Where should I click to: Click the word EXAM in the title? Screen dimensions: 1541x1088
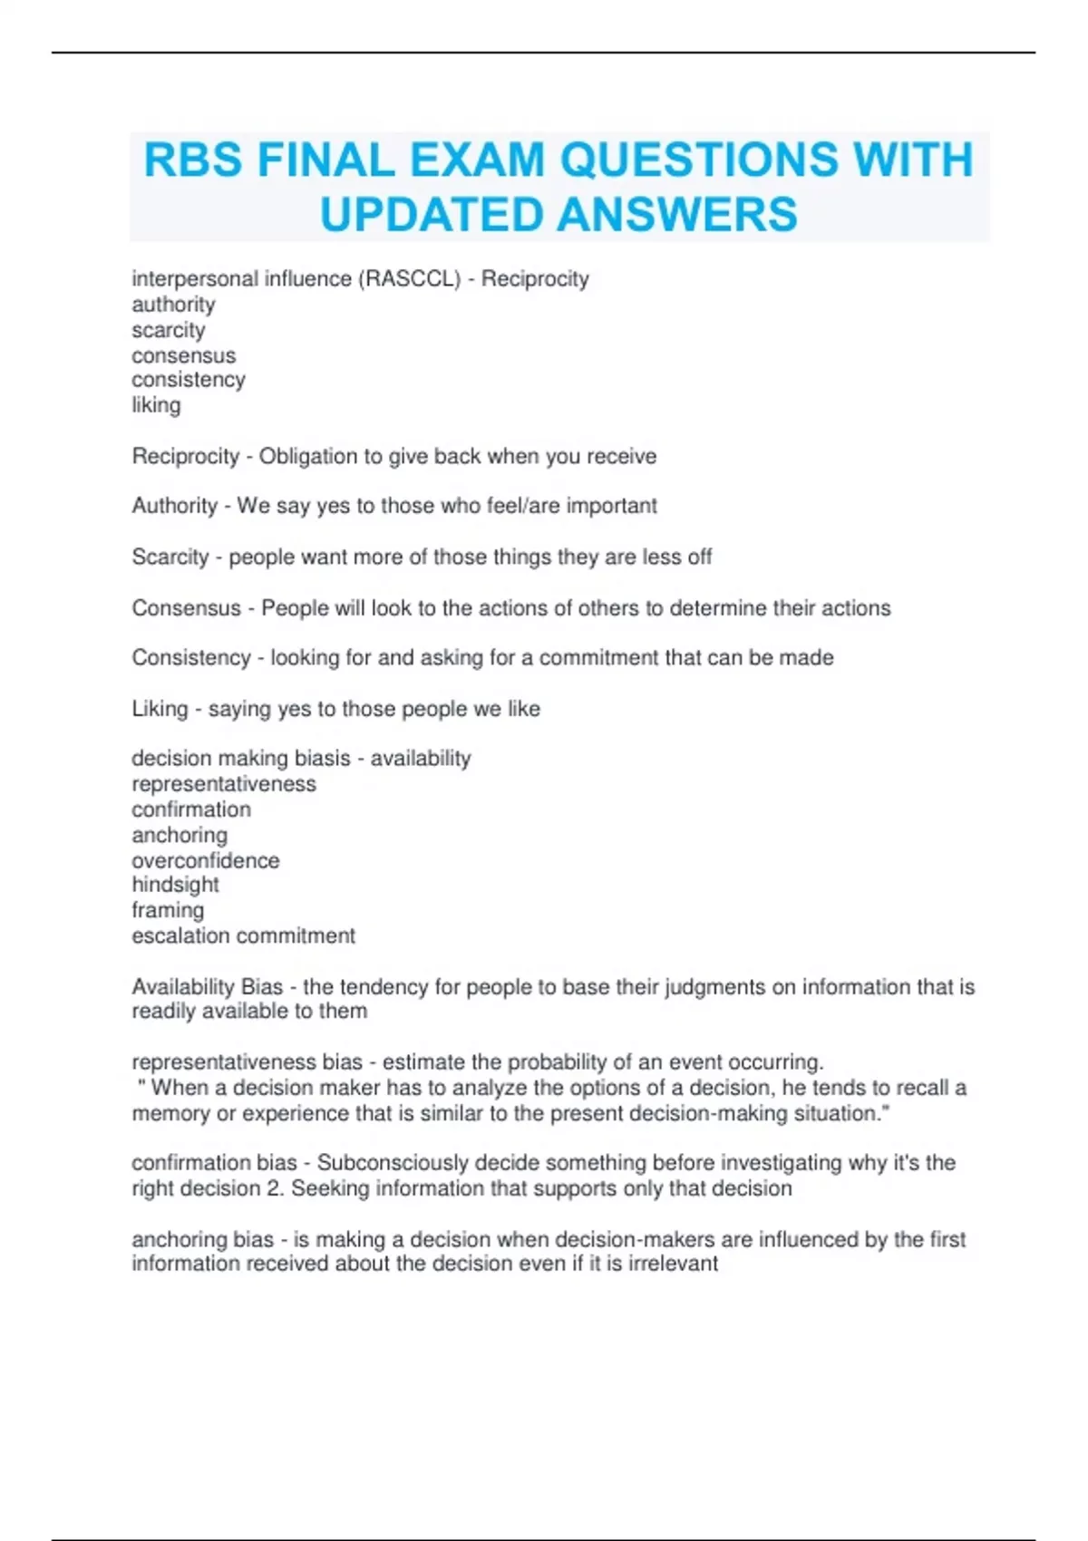click(x=477, y=160)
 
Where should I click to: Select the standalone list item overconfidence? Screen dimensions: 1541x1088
click(x=206, y=860)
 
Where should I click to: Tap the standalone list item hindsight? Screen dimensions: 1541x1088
click(x=175, y=885)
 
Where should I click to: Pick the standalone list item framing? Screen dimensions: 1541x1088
click(x=168, y=910)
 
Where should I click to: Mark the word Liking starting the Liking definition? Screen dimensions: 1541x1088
click(x=160, y=709)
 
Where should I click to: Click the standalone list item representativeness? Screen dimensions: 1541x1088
click(x=224, y=784)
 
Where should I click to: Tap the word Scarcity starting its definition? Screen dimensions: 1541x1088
click(x=170, y=557)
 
